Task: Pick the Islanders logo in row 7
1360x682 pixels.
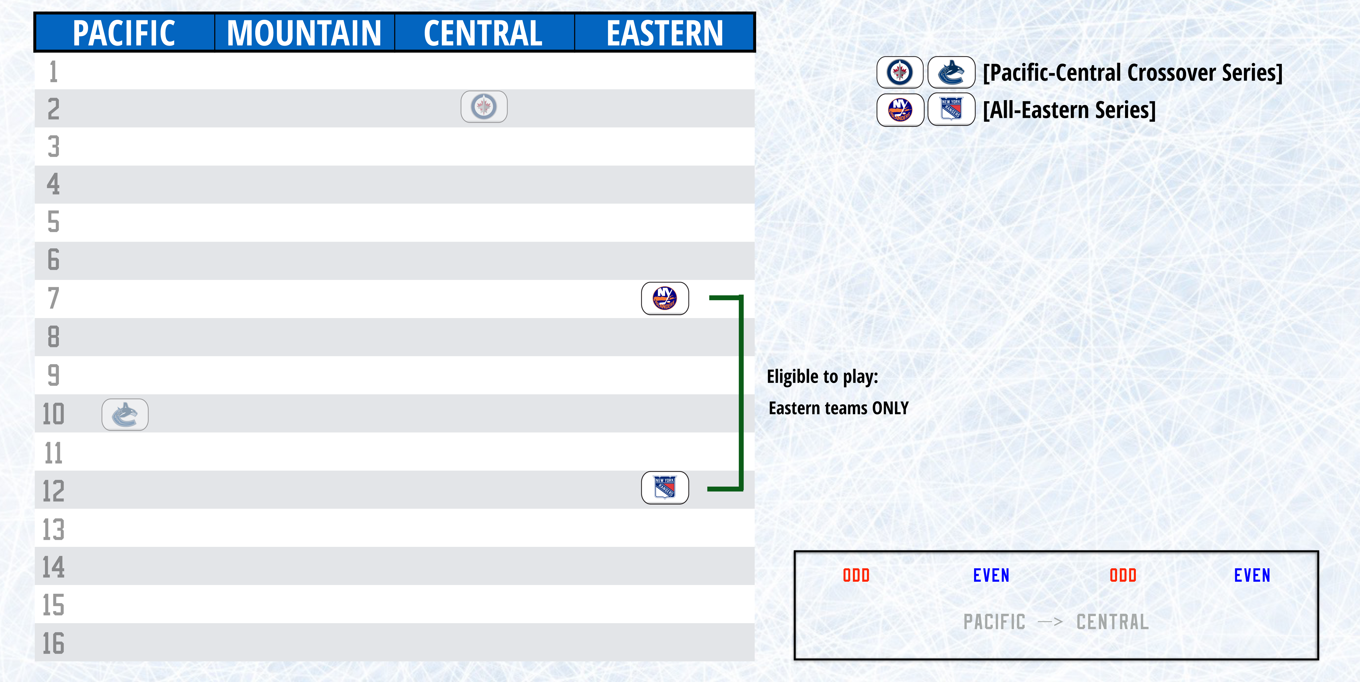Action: [665, 298]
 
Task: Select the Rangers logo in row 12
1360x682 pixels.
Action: [665, 487]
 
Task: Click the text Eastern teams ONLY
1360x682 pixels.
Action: [838, 408]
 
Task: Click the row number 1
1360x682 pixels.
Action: [53, 72]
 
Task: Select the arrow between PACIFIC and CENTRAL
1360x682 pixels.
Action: [1050, 622]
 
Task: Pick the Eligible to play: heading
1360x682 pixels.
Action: [822, 376]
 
